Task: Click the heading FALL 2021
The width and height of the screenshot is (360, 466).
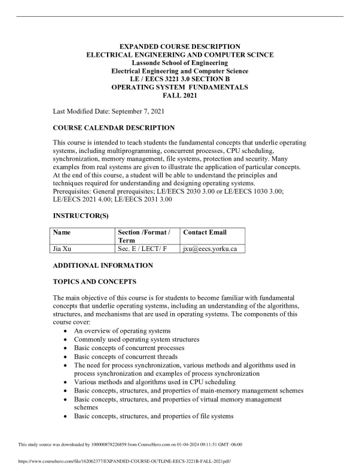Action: click(x=180, y=95)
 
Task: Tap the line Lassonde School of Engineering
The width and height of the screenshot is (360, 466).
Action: click(x=180, y=63)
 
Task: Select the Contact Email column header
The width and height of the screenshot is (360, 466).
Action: click(x=205, y=232)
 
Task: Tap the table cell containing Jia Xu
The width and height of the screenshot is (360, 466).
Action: click(x=62, y=249)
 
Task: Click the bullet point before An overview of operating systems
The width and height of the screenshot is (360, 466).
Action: click(x=65, y=331)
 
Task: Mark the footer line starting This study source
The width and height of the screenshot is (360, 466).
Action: click(x=130, y=444)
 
